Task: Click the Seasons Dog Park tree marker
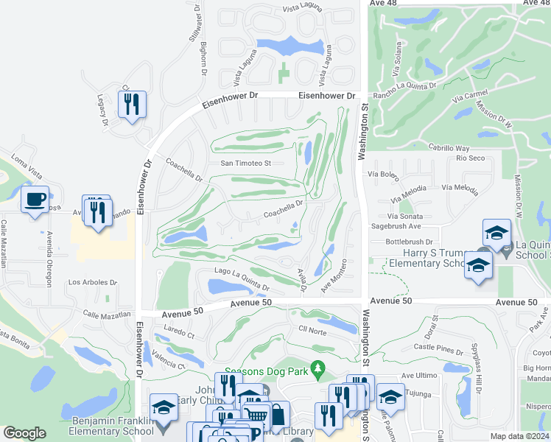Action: tap(317, 367)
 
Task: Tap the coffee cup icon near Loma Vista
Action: tap(35, 200)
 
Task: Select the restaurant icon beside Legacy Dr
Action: tap(132, 105)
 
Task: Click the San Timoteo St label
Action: tap(246, 163)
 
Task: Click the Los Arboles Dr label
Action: tap(92, 282)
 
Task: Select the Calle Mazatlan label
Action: tap(107, 315)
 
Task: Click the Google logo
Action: tap(24, 433)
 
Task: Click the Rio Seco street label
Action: tap(470, 158)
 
